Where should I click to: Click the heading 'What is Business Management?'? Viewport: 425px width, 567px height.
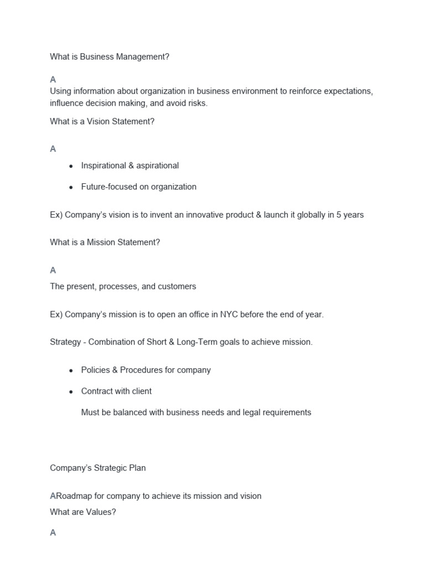point(110,57)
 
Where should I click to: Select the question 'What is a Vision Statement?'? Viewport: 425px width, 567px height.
point(102,121)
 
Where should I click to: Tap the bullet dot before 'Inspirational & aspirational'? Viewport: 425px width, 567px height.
point(71,166)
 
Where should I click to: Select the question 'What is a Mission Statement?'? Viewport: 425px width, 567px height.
point(105,242)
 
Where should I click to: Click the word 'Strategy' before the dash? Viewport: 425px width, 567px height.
point(65,342)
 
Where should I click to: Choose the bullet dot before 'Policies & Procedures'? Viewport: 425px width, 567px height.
point(71,370)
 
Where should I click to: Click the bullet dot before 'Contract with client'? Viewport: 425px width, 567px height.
point(71,391)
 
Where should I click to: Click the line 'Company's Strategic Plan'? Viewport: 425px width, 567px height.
point(98,468)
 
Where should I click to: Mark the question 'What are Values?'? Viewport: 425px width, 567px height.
point(83,512)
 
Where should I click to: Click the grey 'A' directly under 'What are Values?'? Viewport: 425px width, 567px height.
point(53,533)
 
